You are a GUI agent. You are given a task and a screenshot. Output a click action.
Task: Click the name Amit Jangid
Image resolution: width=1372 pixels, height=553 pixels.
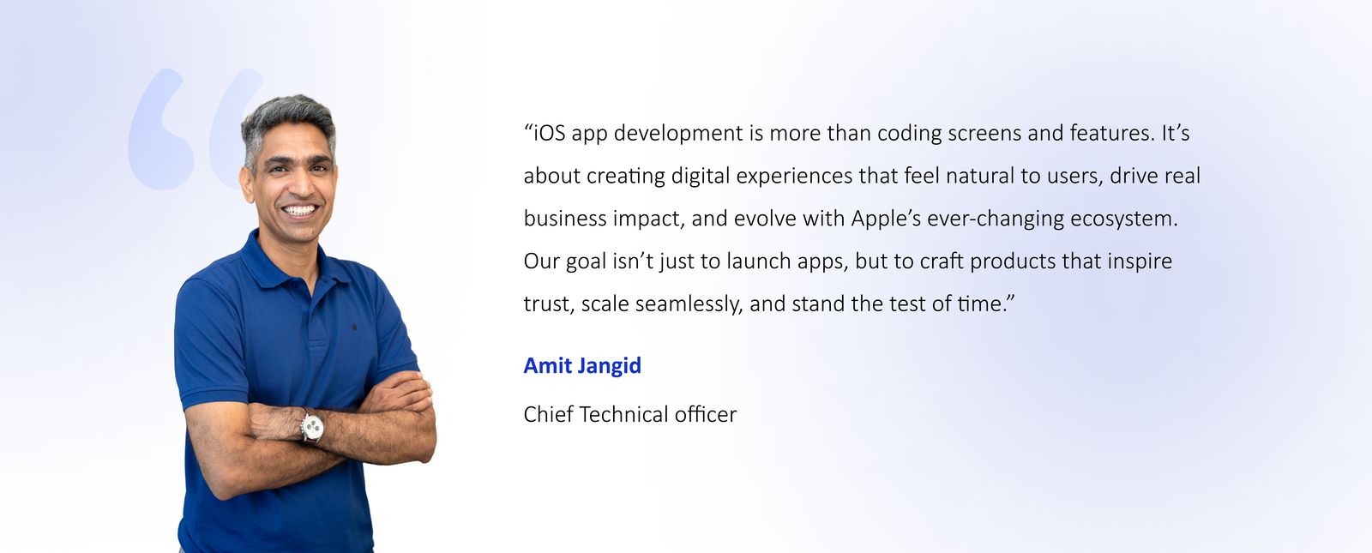(x=582, y=366)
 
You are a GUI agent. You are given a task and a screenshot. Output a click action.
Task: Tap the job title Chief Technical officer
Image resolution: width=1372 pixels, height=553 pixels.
(x=629, y=415)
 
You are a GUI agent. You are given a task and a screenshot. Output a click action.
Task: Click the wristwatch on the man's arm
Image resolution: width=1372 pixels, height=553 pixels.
(x=312, y=426)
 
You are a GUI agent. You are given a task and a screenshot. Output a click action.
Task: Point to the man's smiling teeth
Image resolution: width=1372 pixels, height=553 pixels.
(x=299, y=211)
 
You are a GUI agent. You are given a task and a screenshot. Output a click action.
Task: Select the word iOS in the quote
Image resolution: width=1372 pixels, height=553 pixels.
(x=550, y=133)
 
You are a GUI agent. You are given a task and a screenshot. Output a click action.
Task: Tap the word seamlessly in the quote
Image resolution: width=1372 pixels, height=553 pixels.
(x=689, y=304)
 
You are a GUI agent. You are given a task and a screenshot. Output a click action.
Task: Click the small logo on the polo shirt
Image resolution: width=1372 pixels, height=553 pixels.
(x=354, y=327)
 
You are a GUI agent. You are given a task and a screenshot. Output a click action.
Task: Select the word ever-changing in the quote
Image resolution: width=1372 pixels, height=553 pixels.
(x=996, y=219)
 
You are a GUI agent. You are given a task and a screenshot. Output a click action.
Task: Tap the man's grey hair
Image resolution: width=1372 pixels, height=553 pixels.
(x=288, y=113)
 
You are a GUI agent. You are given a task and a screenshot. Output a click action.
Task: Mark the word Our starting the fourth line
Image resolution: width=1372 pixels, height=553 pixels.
(x=541, y=261)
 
